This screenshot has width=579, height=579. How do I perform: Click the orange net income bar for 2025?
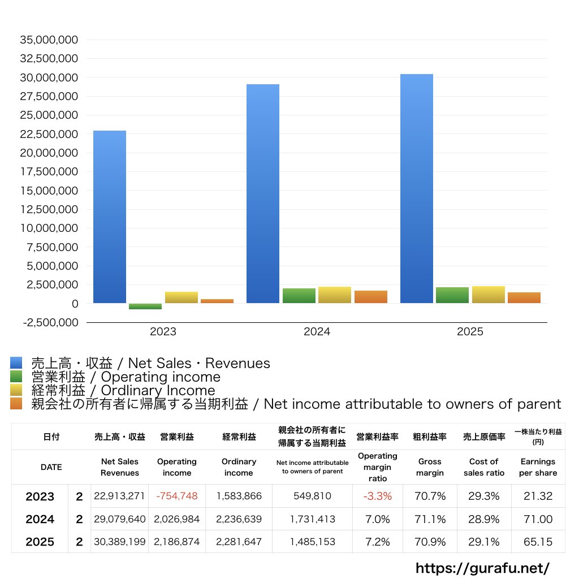coord(524,297)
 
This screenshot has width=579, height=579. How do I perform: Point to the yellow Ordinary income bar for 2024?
coord(335,295)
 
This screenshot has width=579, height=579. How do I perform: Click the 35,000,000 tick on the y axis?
coord(49,40)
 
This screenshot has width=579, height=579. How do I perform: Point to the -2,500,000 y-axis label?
coord(49,322)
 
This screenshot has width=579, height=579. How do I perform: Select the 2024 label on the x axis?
coord(317,332)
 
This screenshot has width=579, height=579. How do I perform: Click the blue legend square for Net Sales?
coord(16,363)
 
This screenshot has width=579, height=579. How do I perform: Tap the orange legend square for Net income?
coord(16,404)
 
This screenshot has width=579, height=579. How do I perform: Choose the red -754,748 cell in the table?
coord(177,496)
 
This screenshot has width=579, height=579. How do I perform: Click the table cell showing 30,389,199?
coord(120,542)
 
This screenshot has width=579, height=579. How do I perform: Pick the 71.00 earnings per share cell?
coord(538,519)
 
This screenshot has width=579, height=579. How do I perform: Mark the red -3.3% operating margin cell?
coord(377,496)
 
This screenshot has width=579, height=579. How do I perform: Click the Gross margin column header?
coord(430,467)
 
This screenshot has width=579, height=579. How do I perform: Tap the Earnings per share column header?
coord(538,467)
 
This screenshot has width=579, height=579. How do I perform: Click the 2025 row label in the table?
coord(40,542)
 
